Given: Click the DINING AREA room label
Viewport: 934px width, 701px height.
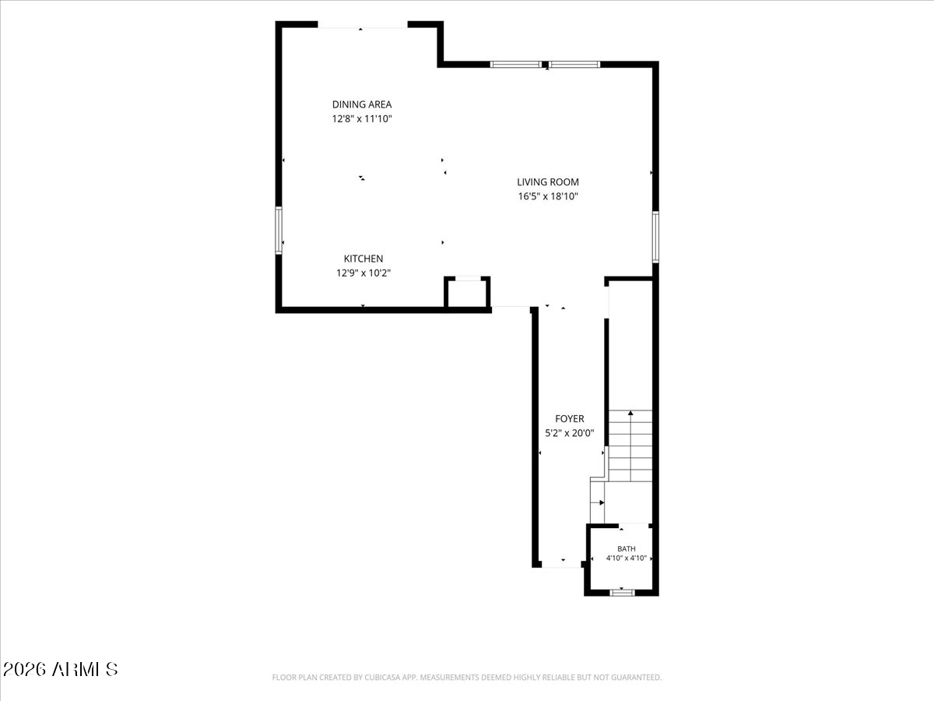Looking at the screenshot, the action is (362, 104).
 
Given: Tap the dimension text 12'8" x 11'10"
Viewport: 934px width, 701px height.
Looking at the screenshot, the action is (362, 118).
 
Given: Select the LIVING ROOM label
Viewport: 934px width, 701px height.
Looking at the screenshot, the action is (548, 182).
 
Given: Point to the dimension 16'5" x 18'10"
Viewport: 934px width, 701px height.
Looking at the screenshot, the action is (548, 196).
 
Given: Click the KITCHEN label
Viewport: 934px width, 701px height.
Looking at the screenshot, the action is (363, 259).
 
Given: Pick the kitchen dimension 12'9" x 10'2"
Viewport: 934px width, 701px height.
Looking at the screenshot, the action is (363, 273).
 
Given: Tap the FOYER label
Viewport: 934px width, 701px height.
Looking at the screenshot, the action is (569, 419).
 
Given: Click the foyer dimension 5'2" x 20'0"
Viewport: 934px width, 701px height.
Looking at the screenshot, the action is (569, 433).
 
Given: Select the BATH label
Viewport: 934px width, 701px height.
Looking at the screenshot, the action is (627, 549).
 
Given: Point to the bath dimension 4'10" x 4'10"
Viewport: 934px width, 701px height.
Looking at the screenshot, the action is (627, 558).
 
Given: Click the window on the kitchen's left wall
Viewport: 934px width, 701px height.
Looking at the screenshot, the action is (279, 231).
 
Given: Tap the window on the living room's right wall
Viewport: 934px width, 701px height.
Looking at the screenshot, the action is (655, 237).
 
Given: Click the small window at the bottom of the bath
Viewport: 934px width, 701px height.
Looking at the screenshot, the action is (622, 593).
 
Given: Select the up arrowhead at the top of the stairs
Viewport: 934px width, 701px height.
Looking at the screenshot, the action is (630, 413).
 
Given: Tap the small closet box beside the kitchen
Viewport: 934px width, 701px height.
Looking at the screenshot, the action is (467, 293).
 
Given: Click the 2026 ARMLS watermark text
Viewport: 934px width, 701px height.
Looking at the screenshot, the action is (60, 670).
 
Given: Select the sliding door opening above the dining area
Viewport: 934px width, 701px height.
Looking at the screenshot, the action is (363, 27).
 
